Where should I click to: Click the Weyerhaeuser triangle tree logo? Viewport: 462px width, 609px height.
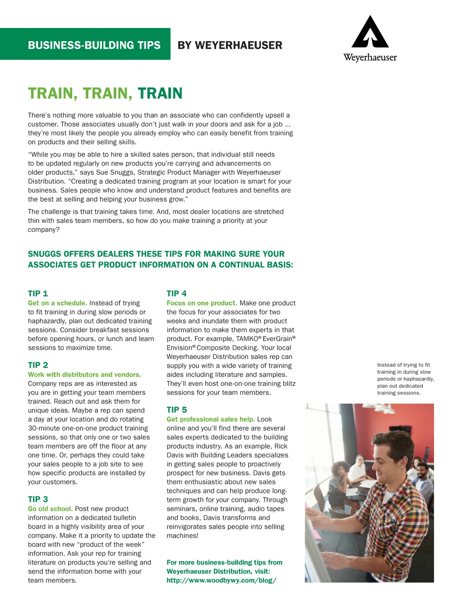coord(370,32)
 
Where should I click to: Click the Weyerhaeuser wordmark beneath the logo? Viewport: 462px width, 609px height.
coord(370,58)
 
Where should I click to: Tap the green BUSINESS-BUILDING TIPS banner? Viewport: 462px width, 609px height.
coord(94,45)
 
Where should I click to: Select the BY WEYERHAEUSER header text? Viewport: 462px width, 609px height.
coord(230,45)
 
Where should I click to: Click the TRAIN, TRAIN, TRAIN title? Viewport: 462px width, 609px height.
coord(105,93)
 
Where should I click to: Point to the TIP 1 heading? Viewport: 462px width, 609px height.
coord(38,294)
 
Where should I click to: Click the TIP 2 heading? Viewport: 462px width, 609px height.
coord(38,365)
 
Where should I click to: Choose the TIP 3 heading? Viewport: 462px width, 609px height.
coord(38,499)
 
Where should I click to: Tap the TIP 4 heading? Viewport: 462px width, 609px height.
coord(176,294)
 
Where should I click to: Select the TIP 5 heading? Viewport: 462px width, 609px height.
coord(176,410)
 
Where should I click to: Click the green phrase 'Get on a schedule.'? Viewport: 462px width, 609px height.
coord(57,303)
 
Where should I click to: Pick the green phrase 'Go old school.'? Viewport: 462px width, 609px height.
coord(50,509)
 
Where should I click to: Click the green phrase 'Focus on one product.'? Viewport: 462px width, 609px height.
coord(202,303)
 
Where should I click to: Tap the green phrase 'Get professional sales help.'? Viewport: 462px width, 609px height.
coord(211,420)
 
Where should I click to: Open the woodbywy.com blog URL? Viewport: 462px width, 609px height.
coord(221,581)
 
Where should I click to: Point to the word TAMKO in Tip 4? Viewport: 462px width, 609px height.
coord(247,339)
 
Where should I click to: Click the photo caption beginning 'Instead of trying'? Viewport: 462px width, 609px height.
coord(405,379)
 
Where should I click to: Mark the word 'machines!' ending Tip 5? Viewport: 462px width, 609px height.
coord(182,536)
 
